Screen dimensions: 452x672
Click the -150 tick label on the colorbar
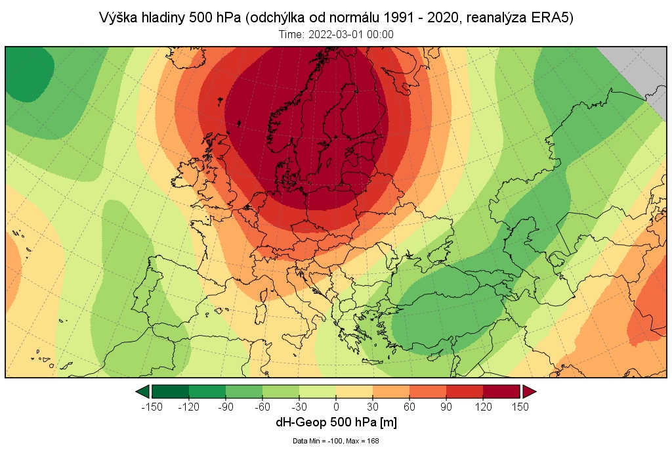point(152,407)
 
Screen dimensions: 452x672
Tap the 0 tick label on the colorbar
point(336,407)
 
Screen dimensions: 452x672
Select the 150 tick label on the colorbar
point(520,407)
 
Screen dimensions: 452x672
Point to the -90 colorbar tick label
point(225,407)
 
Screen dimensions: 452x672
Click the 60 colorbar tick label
point(409,407)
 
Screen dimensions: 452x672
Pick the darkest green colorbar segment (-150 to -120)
point(171,392)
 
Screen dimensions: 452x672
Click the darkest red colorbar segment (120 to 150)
point(502,392)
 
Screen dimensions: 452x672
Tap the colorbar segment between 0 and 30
point(354,392)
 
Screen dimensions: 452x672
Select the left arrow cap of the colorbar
point(142,392)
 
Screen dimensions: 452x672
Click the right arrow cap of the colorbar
point(529,392)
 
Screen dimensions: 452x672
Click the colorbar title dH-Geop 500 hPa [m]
point(336,422)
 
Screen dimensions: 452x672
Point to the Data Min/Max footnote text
point(336,441)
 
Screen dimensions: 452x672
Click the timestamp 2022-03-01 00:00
point(354,34)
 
